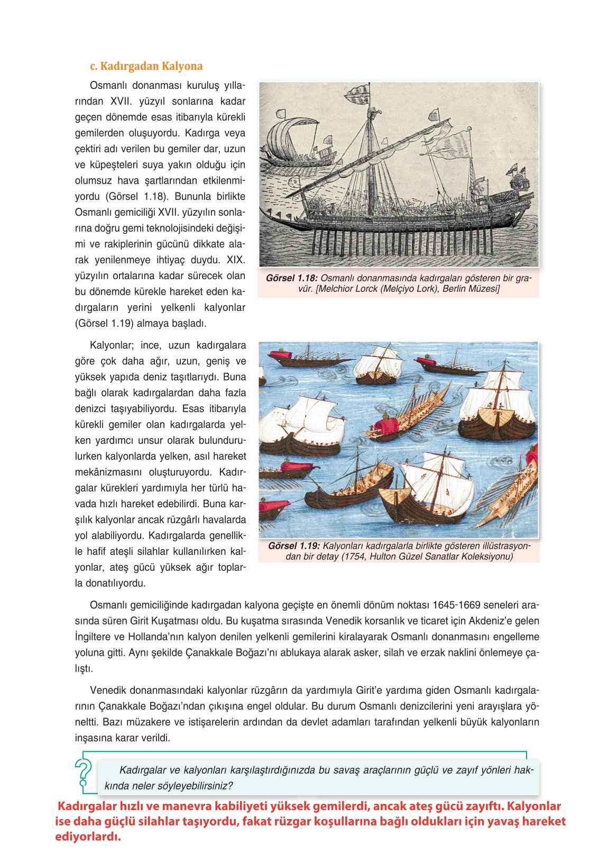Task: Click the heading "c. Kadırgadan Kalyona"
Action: click(x=146, y=66)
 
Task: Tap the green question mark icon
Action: click(x=83, y=773)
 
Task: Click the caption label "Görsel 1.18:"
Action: click(x=291, y=278)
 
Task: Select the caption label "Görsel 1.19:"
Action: click(x=293, y=546)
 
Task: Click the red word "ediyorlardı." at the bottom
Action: click(x=88, y=837)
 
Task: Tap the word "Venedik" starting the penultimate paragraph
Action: click(x=108, y=690)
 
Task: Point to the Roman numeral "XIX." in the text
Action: click(x=236, y=260)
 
